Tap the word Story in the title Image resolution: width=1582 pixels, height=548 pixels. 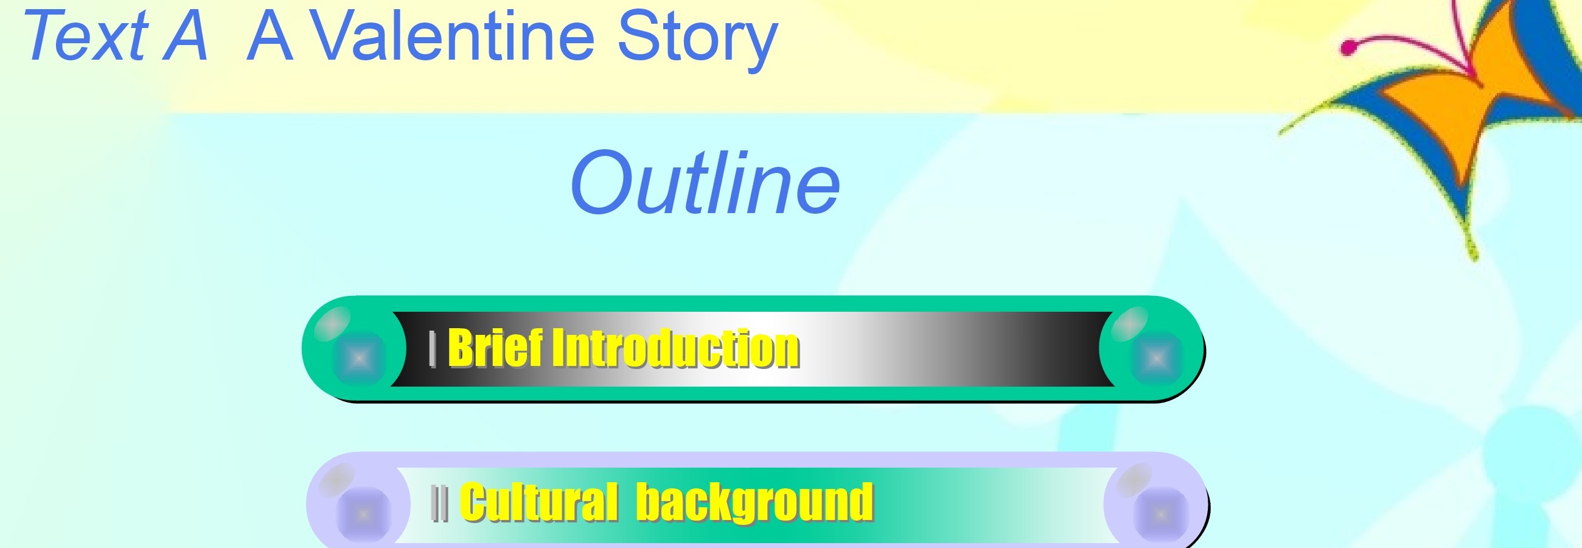tap(698, 41)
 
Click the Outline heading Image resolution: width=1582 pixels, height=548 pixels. tap(705, 183)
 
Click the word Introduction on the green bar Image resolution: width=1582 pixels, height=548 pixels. tap(676, 348)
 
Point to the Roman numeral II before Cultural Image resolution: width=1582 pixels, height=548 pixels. tap(440, 503)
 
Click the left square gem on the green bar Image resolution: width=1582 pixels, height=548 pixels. tap(359, 358)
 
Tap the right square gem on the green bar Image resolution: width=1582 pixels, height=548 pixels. tap(1156, 358)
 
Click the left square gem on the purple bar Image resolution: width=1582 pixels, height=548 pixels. tap(364, 513)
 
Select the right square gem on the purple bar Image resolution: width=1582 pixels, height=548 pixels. tap(1161, 513)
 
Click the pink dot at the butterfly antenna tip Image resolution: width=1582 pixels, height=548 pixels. tap(1348, 47)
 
